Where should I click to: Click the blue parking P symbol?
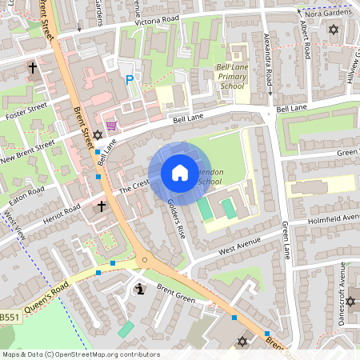click(130, 80)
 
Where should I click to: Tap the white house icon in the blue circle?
click(179, 173)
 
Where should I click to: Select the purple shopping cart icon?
click(120, 125)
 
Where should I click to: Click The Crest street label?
click(134, 185)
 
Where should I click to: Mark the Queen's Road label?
click(50, 293)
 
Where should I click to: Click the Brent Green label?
click(176, 292)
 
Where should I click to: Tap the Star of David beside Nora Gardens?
click(334, 30)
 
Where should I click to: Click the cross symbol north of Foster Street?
click(34, 69)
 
